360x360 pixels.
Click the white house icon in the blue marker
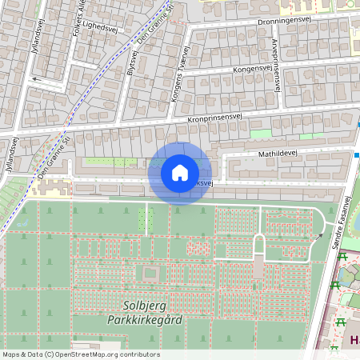[180, 173]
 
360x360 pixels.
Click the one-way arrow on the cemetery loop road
[319, 235]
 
